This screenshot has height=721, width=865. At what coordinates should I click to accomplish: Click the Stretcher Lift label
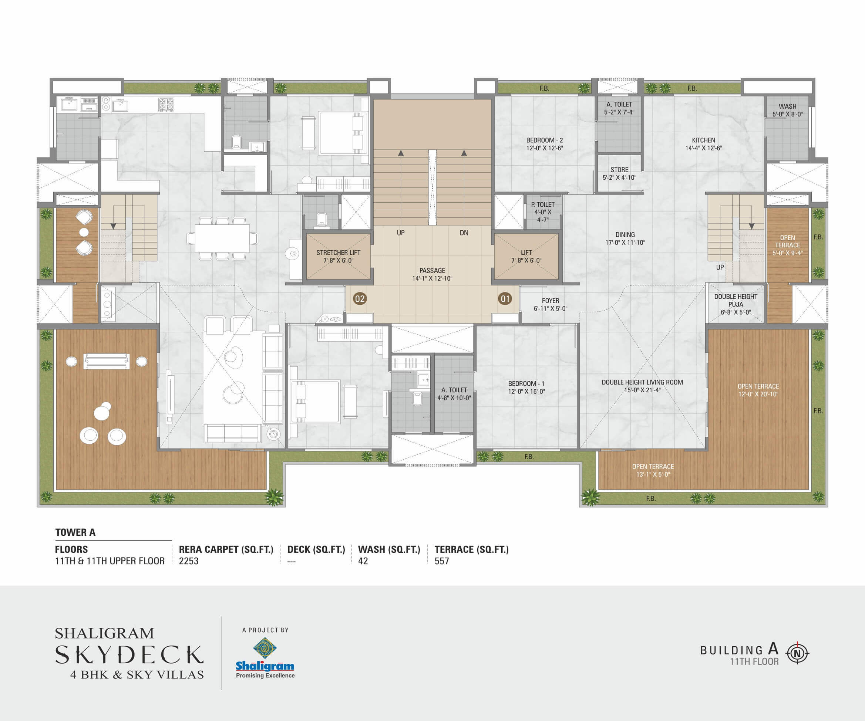(338, 257)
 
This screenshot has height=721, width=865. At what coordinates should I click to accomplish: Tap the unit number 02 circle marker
(360, 298)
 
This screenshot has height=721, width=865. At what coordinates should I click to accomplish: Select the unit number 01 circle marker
(505, 298)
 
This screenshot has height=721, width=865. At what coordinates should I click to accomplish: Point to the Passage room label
(432, 274)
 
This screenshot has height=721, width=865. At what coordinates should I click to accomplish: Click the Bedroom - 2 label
(545, 144)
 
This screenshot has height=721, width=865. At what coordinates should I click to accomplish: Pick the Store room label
(619, 173)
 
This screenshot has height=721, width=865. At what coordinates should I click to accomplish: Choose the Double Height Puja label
(736, 304)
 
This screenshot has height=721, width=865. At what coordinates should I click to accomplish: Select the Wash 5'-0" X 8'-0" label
(788, 110)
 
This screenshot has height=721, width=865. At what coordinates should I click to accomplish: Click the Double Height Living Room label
(642, 386)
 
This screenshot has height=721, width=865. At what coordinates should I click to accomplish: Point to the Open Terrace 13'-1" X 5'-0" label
(653, 470)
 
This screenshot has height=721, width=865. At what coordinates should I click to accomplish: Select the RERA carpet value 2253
(189, 561)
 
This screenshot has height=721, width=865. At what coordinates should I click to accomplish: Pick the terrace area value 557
(441, 561)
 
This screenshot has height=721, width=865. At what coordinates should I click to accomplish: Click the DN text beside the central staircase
(464, 233)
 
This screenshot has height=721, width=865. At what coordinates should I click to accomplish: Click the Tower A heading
(75, 532)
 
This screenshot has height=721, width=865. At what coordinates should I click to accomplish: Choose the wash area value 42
(363, 561)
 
